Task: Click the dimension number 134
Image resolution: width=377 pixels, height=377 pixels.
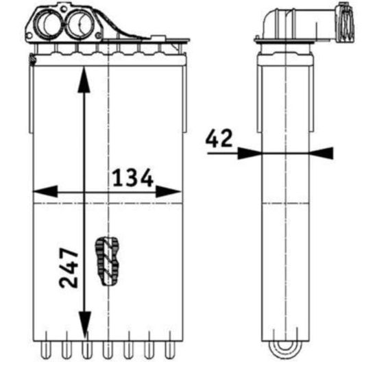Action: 133,178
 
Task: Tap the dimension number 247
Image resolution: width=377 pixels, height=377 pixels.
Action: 69,267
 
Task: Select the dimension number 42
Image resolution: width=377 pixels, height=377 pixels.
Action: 219,138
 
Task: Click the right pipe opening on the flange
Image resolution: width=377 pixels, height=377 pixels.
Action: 80,23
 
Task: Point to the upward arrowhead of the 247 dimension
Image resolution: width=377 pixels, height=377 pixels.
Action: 84,80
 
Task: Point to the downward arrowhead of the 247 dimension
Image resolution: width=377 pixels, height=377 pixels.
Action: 85,324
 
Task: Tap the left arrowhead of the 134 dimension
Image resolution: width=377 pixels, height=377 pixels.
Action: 45,191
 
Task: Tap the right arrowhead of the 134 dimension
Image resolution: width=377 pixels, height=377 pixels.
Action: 169,191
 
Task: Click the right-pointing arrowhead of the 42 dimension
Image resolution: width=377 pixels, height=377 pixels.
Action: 250,153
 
